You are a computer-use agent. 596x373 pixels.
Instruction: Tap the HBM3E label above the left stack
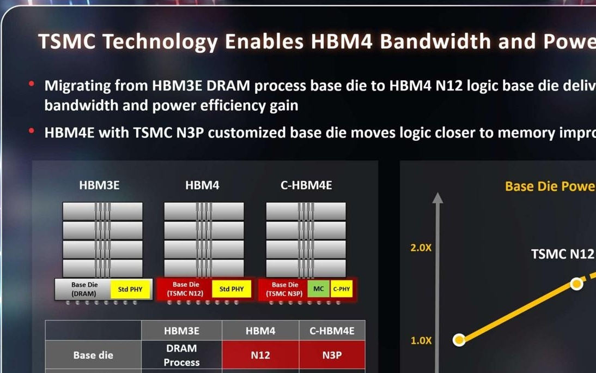(x=99, y=185)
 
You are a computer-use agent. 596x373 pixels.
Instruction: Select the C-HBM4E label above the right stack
(x=306, y=185)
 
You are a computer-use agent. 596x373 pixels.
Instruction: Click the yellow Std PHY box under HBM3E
(x=130, y=290)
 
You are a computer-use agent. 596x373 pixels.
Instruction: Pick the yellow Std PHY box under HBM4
(x=232, y=289)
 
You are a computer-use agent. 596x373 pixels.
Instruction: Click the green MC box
(x=319, y=289)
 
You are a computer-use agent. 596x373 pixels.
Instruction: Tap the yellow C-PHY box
(x=342, y=289)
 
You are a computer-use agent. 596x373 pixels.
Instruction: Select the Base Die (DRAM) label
(x=84, y=289)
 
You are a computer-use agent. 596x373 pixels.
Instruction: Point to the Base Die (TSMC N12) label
(x=186, y=289)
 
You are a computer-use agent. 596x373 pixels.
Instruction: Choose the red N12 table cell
(x=260, y=355)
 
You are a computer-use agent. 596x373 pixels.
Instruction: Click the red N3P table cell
(x=332, y=355)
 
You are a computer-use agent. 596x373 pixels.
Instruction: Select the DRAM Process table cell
(x=181, y=355)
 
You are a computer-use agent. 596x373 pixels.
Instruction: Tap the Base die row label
(x=93, y=355)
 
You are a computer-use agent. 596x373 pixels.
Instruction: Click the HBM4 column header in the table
(x=260, y=330)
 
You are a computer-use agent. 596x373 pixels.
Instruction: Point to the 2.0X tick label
(x=421, y=248)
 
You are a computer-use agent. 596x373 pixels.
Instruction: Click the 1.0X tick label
(x=421, y=340)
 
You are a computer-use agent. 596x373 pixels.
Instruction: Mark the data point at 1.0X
(x=459, y=340)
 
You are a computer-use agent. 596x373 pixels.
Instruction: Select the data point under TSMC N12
(x=576, y=284)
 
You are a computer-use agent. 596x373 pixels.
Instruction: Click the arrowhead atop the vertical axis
(x=437, y=197)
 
